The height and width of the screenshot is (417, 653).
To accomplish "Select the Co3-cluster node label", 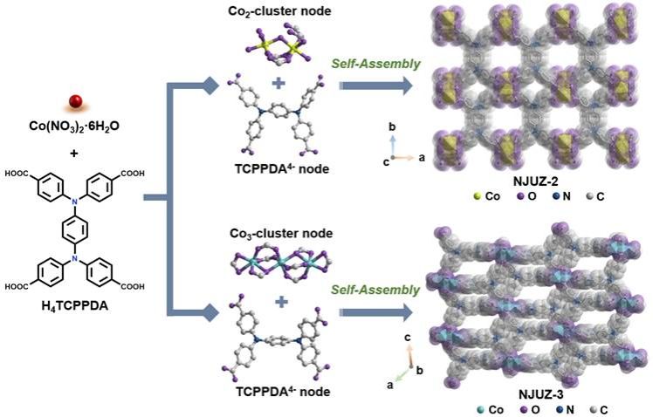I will coord(276,233).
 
